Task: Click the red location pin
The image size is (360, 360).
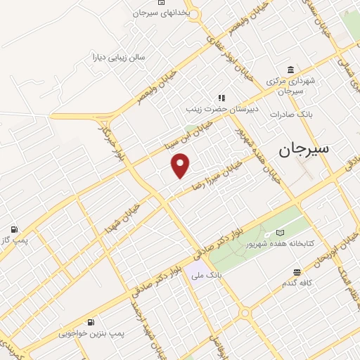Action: click(x=181, y=165)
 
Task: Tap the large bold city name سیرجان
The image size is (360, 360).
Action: click(x=308, y=148)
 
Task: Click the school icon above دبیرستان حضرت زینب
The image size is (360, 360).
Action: click(x=222, y=98)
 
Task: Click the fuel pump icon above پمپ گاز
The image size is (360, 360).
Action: click(x=13, y=230)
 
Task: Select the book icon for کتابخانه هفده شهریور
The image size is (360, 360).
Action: click(x=281, y=233)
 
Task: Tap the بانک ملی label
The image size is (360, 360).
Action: click(x=209, y=276)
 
